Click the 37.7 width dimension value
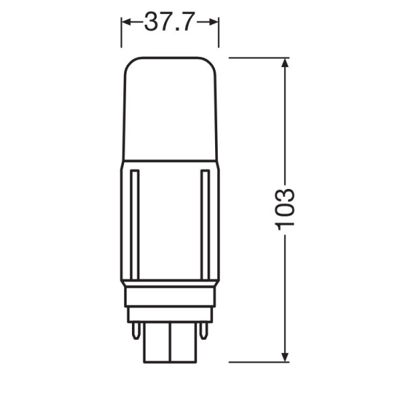[168, 21]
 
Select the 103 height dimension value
[285, 210]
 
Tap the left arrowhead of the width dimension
[127, 22]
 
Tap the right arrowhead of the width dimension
[214, 22]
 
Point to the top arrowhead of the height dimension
[285, 62]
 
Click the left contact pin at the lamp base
[136, 330]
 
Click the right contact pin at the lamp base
[204, 330]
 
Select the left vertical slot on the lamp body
[135, 224]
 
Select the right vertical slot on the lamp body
[205, 224]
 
